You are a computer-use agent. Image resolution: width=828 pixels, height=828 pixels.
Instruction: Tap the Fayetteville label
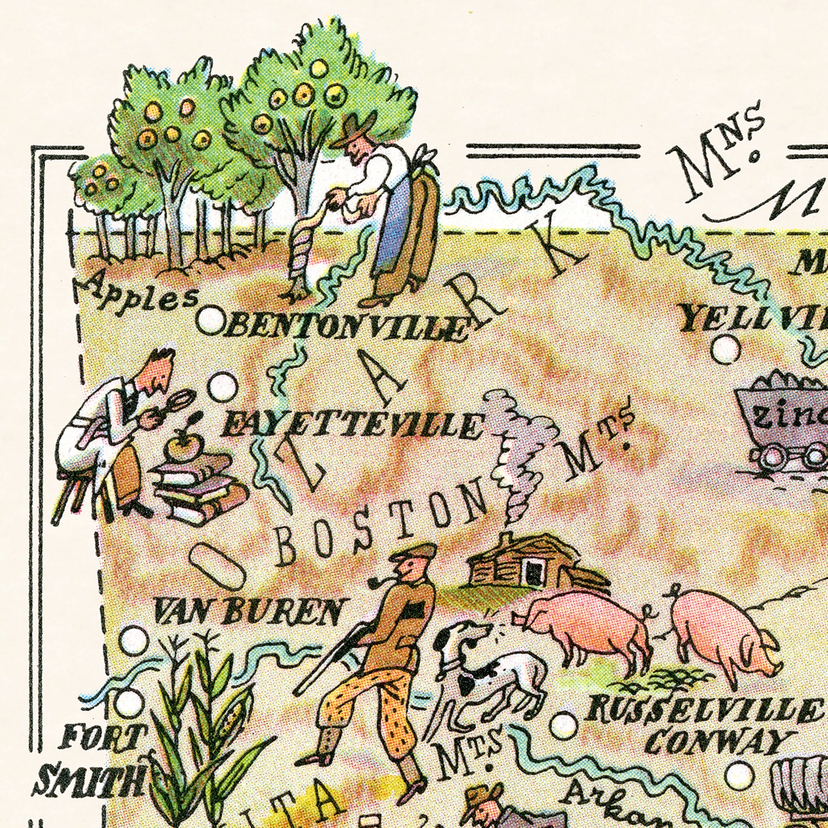349,426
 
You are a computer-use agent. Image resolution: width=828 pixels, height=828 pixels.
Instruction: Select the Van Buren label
248,611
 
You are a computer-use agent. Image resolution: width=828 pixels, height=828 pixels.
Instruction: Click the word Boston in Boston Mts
377,532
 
